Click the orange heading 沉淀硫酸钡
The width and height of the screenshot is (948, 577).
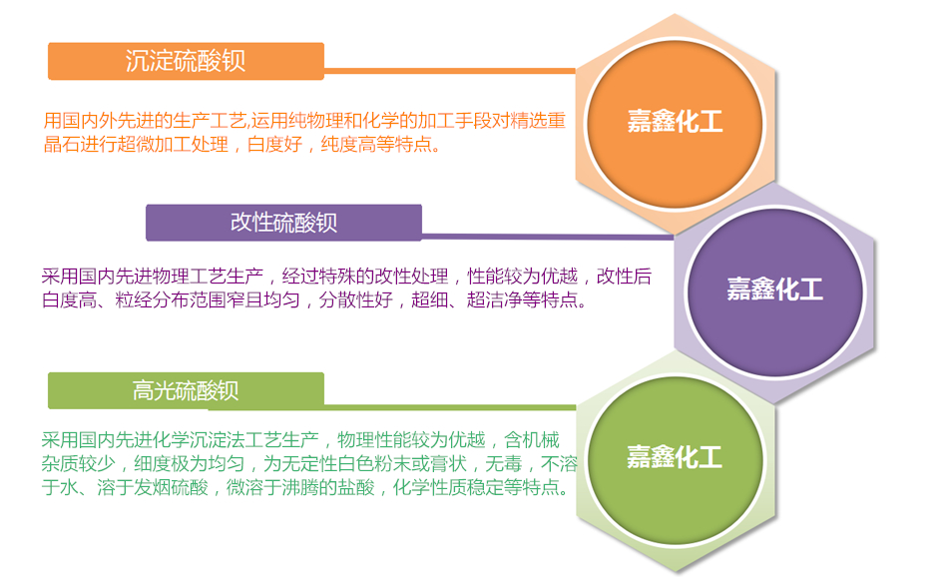pos(186,61)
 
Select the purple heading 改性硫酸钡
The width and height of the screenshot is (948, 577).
pos(283,223)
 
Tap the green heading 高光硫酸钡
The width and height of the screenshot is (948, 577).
pos(186,390)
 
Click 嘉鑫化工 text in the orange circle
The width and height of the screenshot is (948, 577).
pos(675,122)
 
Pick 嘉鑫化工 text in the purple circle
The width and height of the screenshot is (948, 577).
pos(774,289)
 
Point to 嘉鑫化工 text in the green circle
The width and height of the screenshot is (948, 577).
pos(675,456)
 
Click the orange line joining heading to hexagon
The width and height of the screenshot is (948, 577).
pos(450,71)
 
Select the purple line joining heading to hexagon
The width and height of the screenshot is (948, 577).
pos(548,237)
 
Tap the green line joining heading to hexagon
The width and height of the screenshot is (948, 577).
pos(450,407)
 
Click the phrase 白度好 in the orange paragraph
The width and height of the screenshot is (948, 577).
pos(274,145)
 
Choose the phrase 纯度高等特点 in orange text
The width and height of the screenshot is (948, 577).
pos(376,145)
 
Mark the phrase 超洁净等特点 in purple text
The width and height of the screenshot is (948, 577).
pos(522,299)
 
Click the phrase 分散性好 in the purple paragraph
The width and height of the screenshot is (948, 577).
pos(355,299)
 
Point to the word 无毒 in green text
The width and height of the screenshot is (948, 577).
pos(503,464)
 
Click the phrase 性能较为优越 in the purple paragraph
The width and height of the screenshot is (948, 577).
pos(522,277)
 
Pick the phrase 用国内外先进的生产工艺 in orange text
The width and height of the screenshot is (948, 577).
pos(145,121)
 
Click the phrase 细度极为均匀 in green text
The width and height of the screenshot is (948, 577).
pos(190,464)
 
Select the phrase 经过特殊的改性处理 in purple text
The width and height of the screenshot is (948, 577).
pos(365,277)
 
